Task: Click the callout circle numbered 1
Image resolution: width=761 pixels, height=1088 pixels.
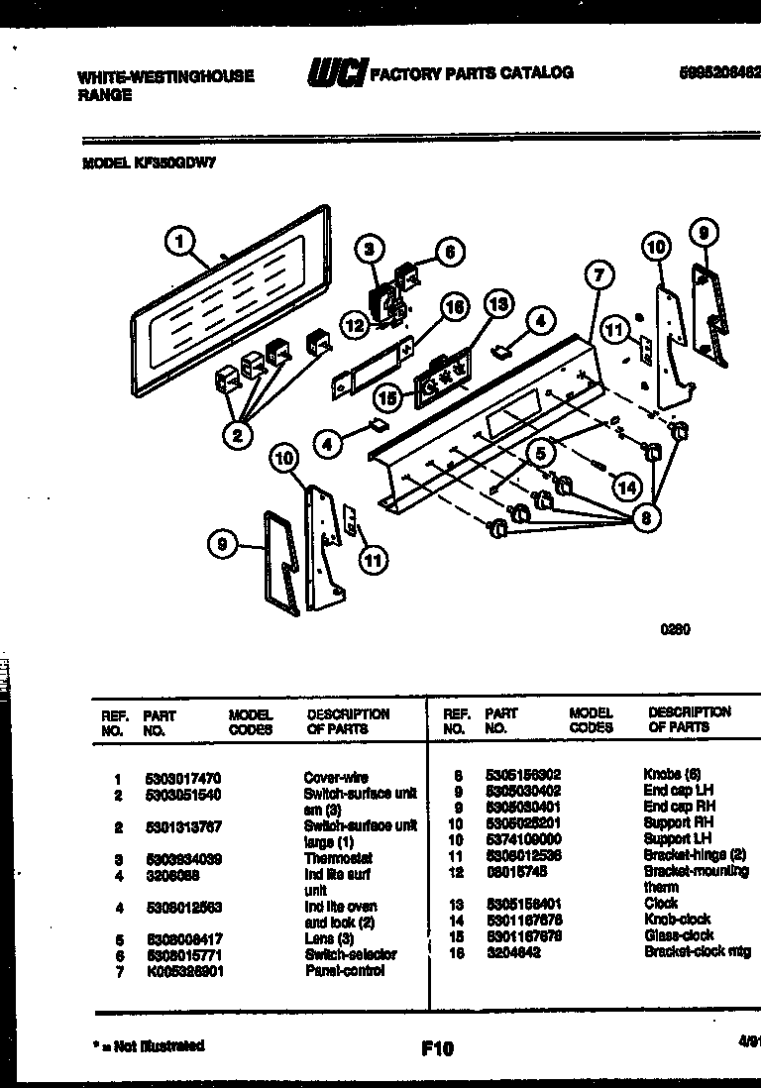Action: point(178,241)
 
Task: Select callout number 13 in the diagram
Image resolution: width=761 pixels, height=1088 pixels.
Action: point(498,304)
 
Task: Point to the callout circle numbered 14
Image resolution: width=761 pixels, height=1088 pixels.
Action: point(625,487)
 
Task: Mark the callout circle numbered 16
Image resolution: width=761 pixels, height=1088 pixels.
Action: point(453,308)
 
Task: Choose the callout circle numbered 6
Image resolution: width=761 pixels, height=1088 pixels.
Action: point(449,252)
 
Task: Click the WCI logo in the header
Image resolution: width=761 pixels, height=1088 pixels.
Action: point(337,74)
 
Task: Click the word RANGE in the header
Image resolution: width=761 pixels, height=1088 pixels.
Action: point(104,95)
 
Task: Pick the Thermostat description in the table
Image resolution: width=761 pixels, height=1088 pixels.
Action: point(337,859)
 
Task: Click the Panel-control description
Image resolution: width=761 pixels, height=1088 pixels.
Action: point(344,971)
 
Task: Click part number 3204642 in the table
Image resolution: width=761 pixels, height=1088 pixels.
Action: point(512,951)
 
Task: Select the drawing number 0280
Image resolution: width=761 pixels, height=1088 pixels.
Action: point(674,629)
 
